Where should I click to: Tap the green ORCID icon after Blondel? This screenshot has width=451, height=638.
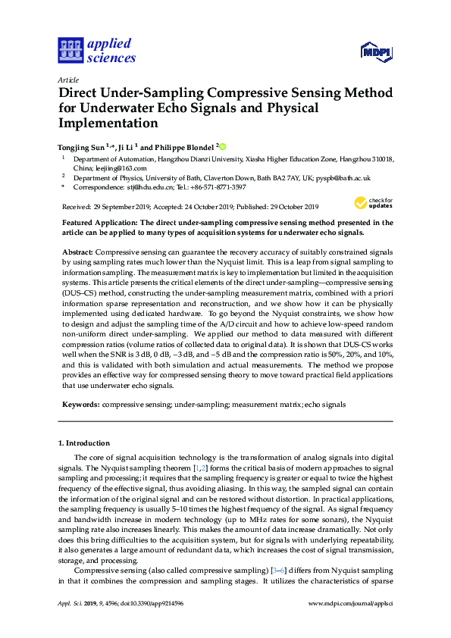tap(223, 146)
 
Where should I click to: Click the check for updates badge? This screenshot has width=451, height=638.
tap(374, 202)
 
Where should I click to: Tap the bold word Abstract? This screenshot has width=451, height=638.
tap(76, 251)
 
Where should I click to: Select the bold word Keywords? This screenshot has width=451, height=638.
tap(79, 405)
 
